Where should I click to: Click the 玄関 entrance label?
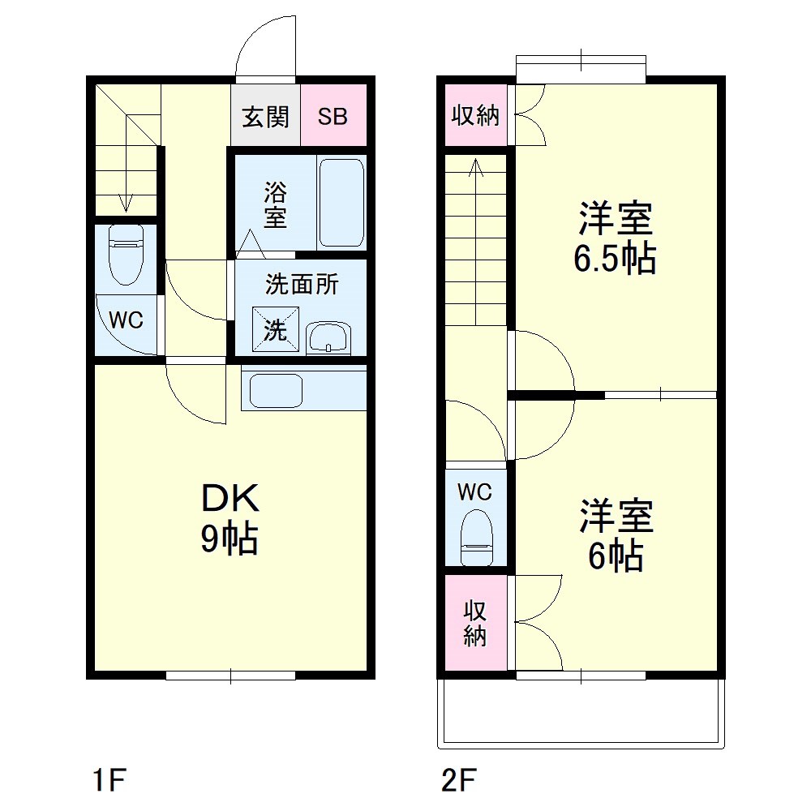tap(265, 117)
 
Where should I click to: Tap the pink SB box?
tap(333, 117)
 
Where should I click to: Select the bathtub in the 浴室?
tap(341, 203)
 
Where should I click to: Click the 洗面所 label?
tap(302, 285)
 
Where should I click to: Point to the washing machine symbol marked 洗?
tap(275, 330)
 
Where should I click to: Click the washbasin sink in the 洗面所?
tap(328, 336)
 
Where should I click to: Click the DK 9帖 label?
tap(230, 519)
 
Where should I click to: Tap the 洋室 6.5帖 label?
tap(615, 239)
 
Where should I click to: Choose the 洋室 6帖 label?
tap(616, 535)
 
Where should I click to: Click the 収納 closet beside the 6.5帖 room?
tap(475, 116)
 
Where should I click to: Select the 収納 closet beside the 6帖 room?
tap(475, 623)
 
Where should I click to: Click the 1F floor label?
tap(107, 781)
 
